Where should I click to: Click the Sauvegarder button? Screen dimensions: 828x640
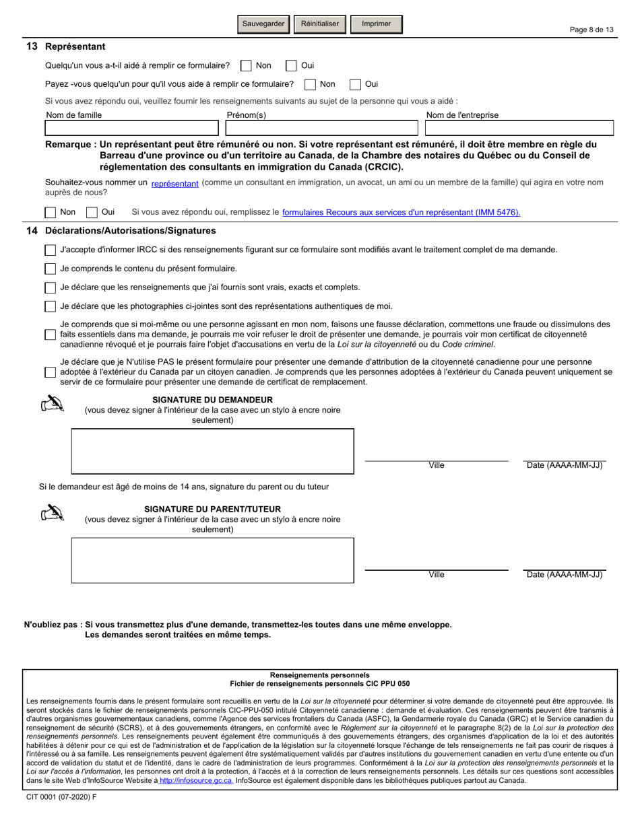coord(263,24)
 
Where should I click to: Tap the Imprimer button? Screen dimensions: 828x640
coord(376,24)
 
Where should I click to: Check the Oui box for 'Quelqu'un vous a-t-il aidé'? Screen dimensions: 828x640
coord(291,66)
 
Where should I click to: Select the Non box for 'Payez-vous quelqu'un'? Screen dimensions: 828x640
coord(310,85)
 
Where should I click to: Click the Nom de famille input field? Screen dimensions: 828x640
coord(134,129)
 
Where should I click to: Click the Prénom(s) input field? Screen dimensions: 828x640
coord(322,129)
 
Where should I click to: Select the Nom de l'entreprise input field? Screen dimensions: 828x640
coord(518,129)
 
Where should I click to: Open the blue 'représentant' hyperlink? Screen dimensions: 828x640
coord(174,183)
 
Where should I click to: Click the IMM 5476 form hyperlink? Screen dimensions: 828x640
coord(401,213)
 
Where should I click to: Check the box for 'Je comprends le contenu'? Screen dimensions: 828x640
coord(51,269)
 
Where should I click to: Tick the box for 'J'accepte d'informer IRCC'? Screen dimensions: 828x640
coord(51,250)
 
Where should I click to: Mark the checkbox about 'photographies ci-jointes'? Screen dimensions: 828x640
coord(51,307)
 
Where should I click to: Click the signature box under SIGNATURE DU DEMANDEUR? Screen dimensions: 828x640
coord(212,451)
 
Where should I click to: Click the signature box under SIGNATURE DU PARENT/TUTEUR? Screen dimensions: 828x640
coord(212,560)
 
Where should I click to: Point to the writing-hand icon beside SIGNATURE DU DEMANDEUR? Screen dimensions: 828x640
coord(53,405)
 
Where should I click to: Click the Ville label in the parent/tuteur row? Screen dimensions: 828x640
coord(436,575)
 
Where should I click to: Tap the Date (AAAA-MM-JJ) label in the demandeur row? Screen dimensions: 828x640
coord(564,465)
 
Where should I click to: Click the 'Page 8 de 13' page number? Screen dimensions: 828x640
coord(591,30)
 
